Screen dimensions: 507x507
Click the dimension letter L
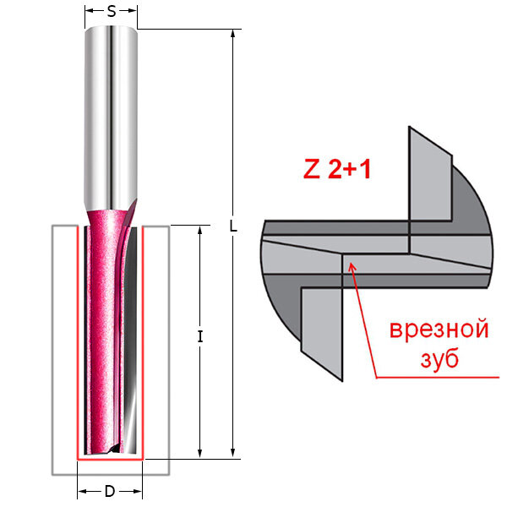click(233, 227)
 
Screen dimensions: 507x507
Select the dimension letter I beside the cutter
click(200, 336)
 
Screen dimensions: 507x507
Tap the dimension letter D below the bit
click(110, 492)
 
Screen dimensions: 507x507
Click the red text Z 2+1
click(338, 170)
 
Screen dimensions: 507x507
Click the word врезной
click(439, 329)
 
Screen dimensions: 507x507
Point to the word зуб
click(439, 359)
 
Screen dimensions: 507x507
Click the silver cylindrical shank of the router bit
click(112, 110)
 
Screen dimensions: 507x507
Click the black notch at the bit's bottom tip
click(108, 450)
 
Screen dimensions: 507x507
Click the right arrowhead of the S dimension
click(135, 13)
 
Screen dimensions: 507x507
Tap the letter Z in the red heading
click(311, 170)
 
